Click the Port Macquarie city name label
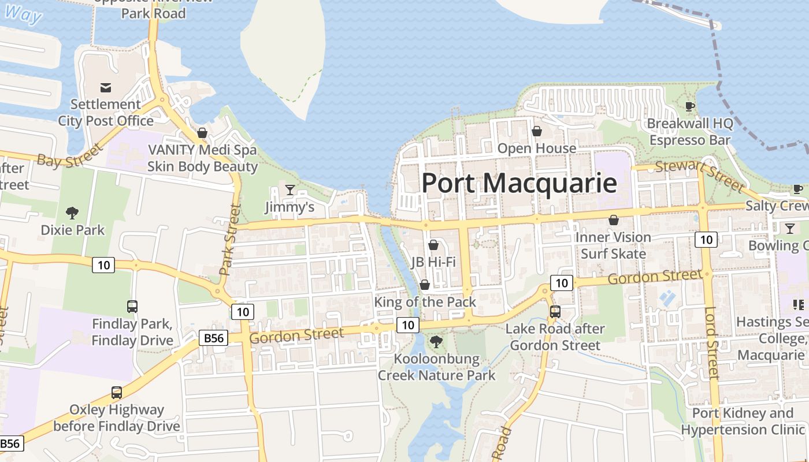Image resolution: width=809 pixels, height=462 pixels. coord(518,183)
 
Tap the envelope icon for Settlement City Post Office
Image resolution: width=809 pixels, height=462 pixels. coord(106,88)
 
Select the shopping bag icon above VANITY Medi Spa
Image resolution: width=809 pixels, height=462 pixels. coord(202,133)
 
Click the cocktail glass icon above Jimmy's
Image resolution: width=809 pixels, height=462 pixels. coord(290,190)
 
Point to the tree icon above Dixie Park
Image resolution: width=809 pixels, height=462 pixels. coord(72,213)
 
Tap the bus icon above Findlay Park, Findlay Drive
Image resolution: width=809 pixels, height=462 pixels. coord(132,307)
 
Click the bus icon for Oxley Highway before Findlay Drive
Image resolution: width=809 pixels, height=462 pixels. coord(117,393)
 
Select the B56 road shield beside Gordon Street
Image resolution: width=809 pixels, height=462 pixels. coord(213,338)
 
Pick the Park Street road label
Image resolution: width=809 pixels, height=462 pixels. coord(229,239)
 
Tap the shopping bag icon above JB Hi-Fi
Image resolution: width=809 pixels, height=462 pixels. coord(433,245)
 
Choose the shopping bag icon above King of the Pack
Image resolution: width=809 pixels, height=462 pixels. coord(425,285)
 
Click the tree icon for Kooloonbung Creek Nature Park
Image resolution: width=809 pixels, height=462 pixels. coord(436,342)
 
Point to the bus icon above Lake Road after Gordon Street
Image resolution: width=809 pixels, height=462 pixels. coord(555,312)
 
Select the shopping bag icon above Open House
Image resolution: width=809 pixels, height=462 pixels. coord(537,131)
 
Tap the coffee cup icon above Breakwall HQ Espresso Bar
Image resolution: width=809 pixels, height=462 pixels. coord(689,106)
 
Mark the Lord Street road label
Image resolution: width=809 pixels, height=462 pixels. coord(711,343)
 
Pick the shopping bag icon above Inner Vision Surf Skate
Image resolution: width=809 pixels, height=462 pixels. coord(613,220)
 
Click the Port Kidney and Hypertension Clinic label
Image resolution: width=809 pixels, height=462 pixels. coord(743,422)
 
